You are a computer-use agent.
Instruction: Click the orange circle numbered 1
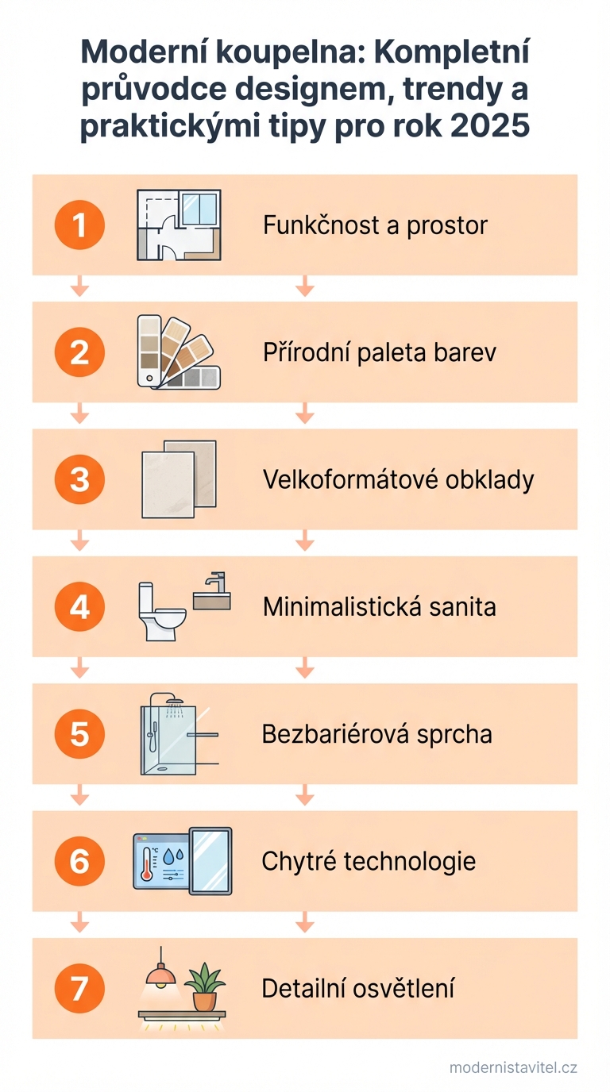tap(79, 225)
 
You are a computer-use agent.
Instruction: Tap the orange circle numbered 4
tap(79, 607)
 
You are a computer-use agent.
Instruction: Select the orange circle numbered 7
tap(79, 989)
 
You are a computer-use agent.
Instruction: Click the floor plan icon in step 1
tap(179, 225)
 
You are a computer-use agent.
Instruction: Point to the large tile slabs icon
tap(179, 479)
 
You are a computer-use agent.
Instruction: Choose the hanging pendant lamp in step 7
tap(160, 972)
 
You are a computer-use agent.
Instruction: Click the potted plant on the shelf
tap(204, 986)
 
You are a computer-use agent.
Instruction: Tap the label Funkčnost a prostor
tap(375, 225)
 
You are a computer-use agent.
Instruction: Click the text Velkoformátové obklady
tap(398, 479)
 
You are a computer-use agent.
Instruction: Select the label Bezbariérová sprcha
tap(376, 734)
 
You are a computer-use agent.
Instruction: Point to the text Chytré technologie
tap(369, 861)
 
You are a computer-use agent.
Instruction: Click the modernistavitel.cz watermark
tap(513, 1067)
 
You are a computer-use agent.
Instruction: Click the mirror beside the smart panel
tap(210, 861)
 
